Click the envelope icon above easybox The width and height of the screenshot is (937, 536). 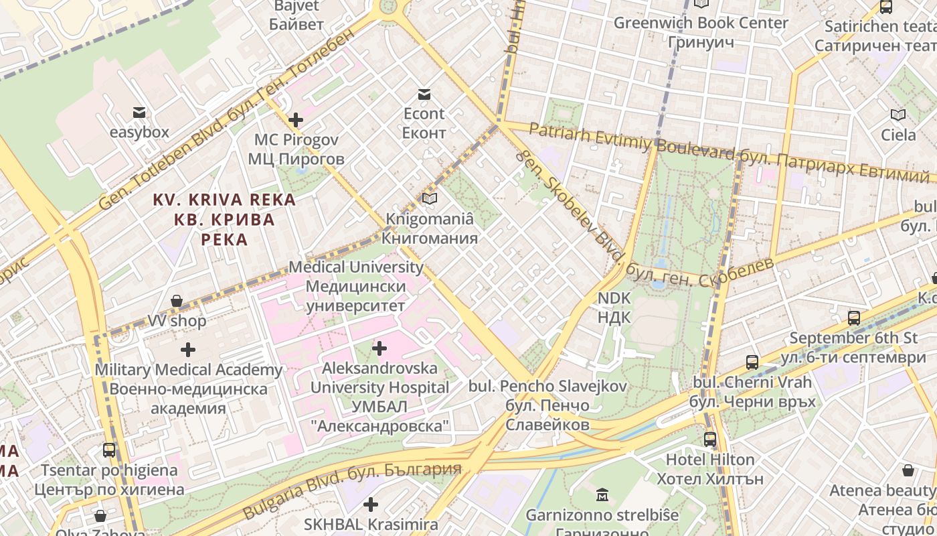click(x=139, y=113)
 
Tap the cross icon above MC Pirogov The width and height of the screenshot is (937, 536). click(x=295, y=120)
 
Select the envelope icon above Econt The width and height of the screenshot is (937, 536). click(x=424, y=94)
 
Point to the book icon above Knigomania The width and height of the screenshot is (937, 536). click(x=430, y=199)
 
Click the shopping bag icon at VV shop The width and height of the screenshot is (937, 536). click(x=177, y=301)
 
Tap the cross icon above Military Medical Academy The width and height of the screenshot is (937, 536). click(x=188, y=350)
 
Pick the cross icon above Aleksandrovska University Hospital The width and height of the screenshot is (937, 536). click(x=379, y=348)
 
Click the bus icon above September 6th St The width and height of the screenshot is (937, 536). click(x=853, y=318)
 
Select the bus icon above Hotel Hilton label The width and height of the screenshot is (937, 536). click(x=710, y=440)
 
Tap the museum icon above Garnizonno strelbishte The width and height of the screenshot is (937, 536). click(x=602, y=496)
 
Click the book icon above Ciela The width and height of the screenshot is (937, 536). click(x=898, y=115)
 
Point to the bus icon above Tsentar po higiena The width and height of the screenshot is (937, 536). click(x=109, y=450)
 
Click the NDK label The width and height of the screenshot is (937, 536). click(x=614, y=307)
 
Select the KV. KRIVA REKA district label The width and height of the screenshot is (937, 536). click(x=224, y=219)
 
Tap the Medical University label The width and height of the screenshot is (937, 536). click(x=356, y=286)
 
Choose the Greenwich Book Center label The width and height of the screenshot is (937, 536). click(x=701, y=32)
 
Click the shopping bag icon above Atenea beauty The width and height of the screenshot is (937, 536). click(x=908, y=471)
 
